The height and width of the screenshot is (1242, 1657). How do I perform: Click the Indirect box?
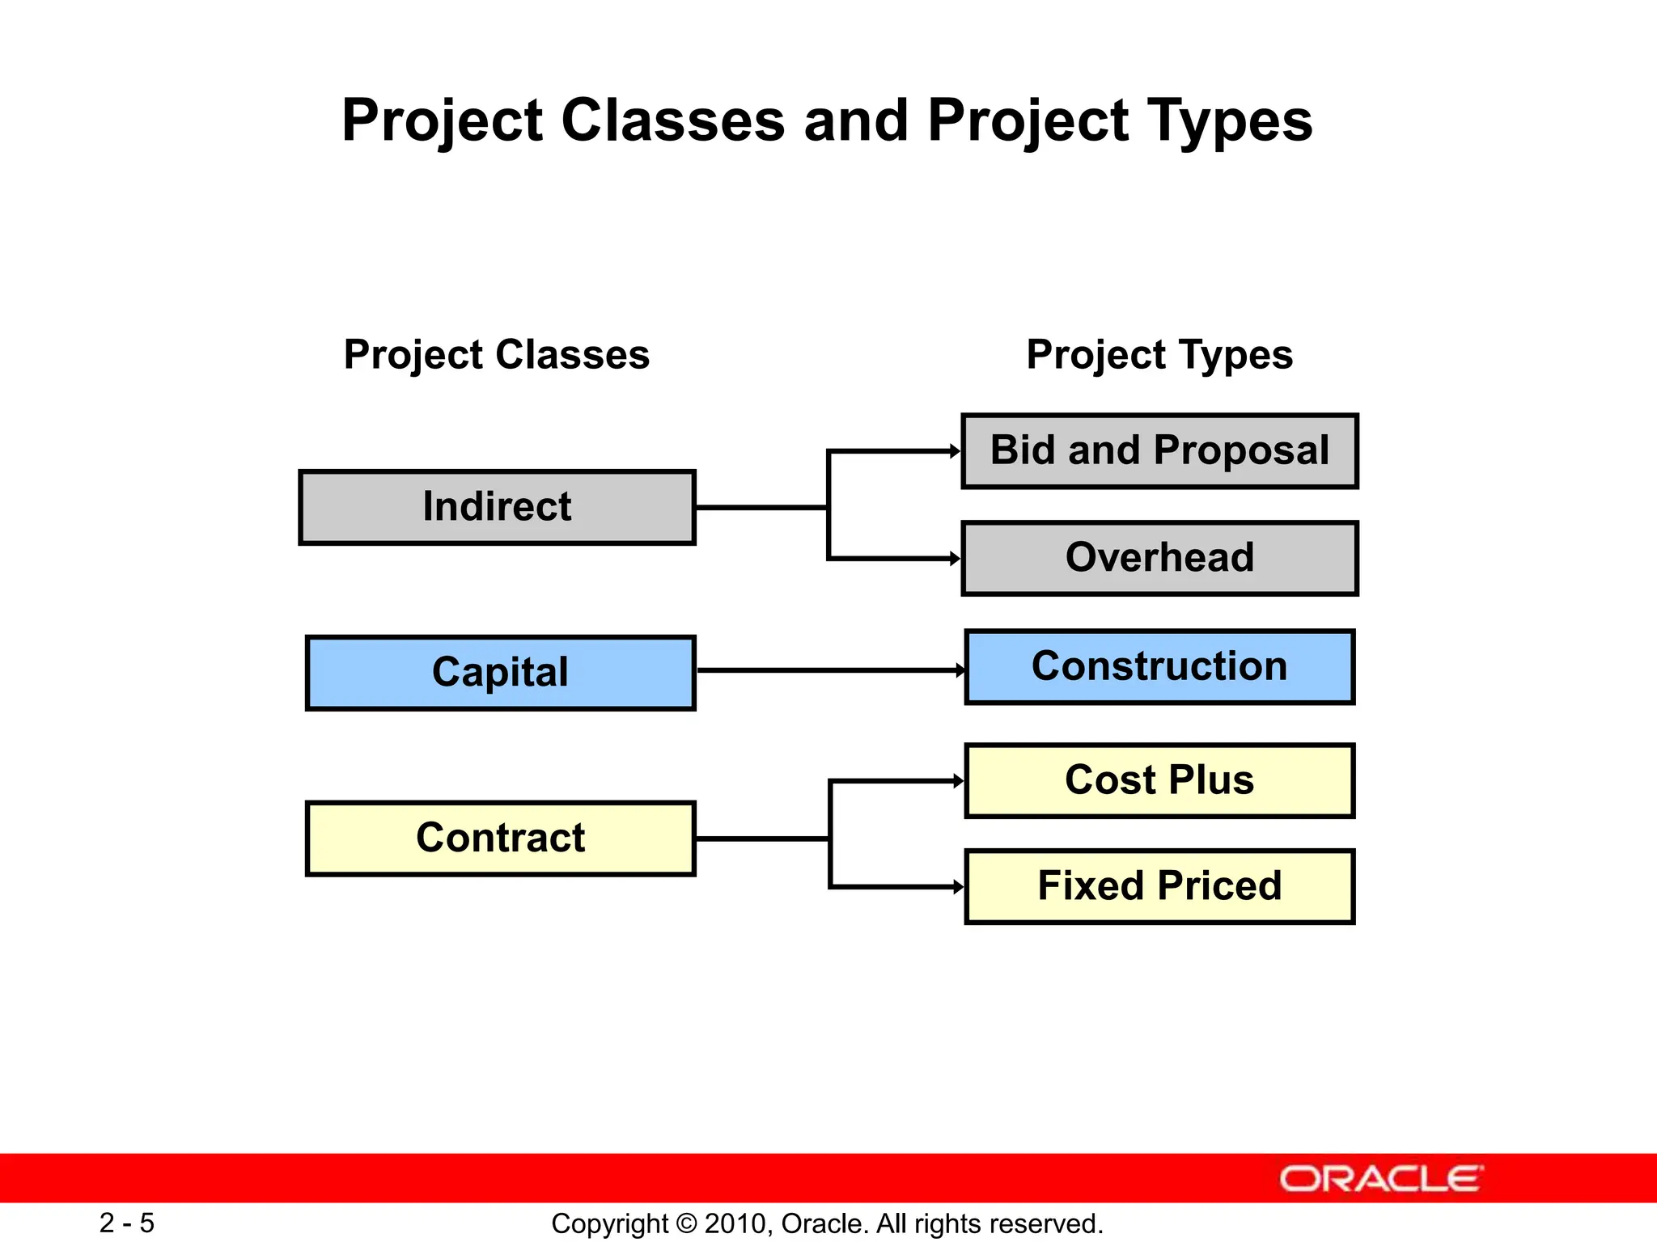pos(497,507)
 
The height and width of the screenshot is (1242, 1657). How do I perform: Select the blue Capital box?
pos(500,673)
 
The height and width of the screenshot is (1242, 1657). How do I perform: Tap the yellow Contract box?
pos(500,839)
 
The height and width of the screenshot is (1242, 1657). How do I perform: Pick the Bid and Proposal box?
pos(1159,451)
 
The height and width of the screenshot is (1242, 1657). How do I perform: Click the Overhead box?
pos(1159,558)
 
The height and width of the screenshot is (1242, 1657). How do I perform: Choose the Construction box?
pos(1159,667)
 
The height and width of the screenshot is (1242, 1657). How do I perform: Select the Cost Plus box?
pos(1159,781)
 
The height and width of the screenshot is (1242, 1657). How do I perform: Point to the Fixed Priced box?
pos(1159,886)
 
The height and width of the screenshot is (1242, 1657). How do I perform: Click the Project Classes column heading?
pos(497,355)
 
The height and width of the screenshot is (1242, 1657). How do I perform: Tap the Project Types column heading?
pos(1159,355)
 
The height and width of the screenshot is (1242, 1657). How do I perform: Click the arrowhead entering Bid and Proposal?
pos(955,451)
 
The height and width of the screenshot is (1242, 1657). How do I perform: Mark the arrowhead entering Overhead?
pos(955,558)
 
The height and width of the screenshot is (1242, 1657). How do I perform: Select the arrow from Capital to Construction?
pos(829,670)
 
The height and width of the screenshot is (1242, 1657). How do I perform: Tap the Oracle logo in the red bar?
pos(1381,1179)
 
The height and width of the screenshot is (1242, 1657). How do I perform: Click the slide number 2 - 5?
pos(127,1223)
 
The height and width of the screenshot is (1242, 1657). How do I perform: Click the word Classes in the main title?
pos(673,120)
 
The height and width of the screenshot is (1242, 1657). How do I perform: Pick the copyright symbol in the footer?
pos(686,1224)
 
